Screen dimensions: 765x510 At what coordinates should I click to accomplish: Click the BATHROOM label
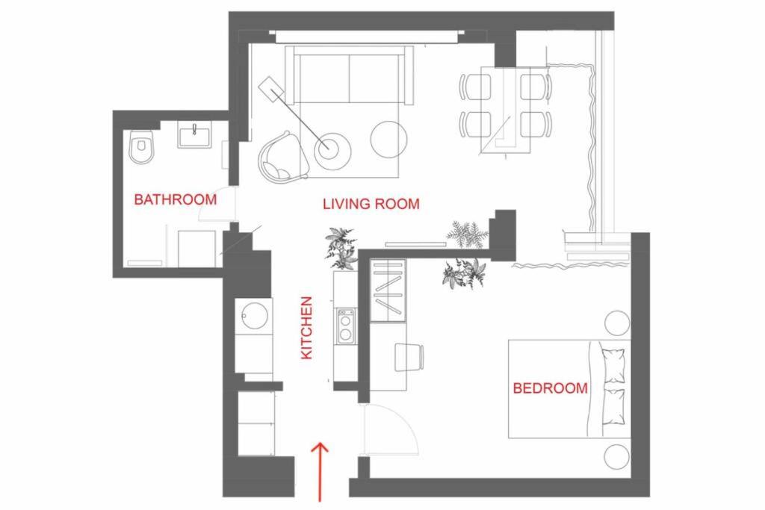[x=175, y=199]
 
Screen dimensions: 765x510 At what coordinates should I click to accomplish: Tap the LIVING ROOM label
[x=371, y=204]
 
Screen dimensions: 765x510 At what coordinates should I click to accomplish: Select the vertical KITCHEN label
[x=306, y=328]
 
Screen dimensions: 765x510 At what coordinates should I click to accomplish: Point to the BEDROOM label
[x=551, y=388]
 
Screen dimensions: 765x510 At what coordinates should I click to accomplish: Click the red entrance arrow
[x=320, y=471]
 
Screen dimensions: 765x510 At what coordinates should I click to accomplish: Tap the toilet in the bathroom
[x=141, y=146]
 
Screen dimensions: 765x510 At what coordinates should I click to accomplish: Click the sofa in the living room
[x=350, y=75]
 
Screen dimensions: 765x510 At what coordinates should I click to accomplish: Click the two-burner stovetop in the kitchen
[x=346, y=326]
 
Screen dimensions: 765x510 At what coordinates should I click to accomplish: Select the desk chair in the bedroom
[x=409, y=358]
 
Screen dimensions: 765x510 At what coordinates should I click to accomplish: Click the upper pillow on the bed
[x=613, y=366]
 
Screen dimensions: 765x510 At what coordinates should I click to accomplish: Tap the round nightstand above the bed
[x=617, y=323]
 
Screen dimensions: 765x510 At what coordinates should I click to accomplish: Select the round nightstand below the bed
[x=616, y=457]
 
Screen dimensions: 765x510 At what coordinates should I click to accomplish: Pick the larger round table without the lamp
[x=388, y=139]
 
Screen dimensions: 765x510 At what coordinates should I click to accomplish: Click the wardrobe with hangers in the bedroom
[x=388, y=290]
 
